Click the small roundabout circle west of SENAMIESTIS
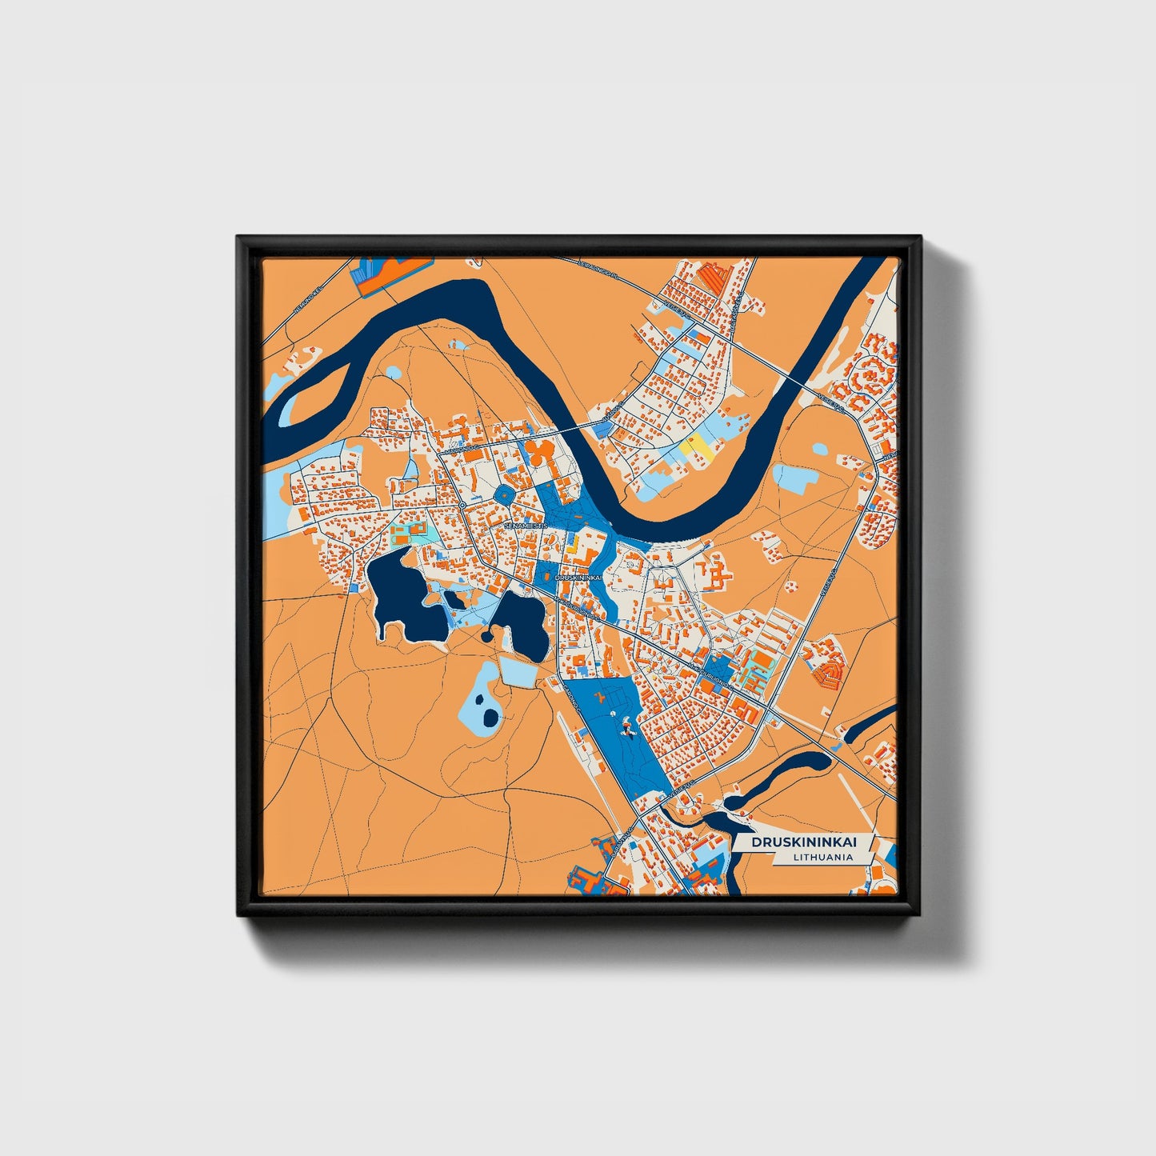463,506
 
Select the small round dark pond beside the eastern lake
486,637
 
